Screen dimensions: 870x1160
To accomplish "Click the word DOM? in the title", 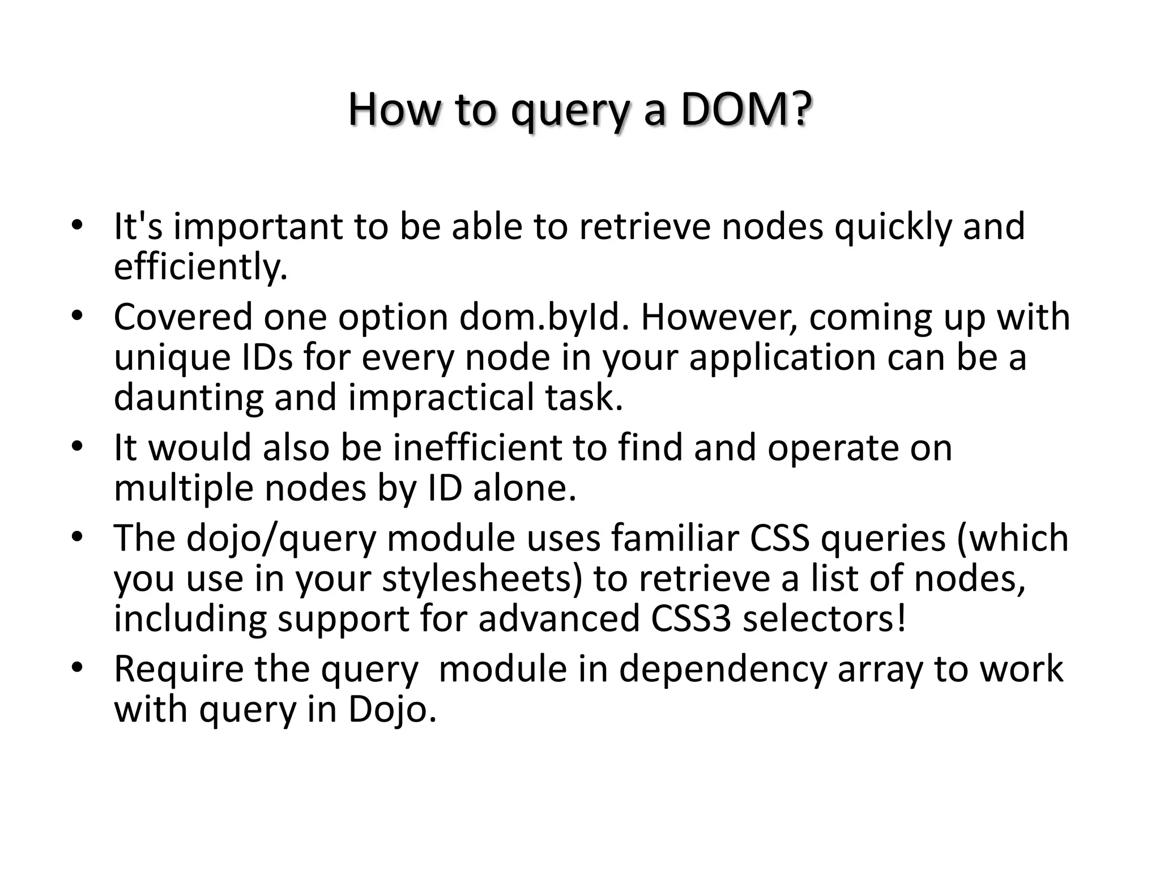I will pyautogui.click(x=747, y=110).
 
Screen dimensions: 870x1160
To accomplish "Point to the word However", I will pyautogui.click(x=719, y=317).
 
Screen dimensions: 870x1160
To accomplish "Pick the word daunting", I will pyautogui.click(x=189, y=398).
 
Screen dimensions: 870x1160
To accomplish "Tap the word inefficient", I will pyautogui.click(x=477, y=447).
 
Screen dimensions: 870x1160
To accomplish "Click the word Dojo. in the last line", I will pyautogui.click(x=393, y=709).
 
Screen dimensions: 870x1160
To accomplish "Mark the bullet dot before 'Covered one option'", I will pyautogui.click(x=77, y=315).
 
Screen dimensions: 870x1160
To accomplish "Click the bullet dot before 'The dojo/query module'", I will pyautogui.click(x=77, y=536).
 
